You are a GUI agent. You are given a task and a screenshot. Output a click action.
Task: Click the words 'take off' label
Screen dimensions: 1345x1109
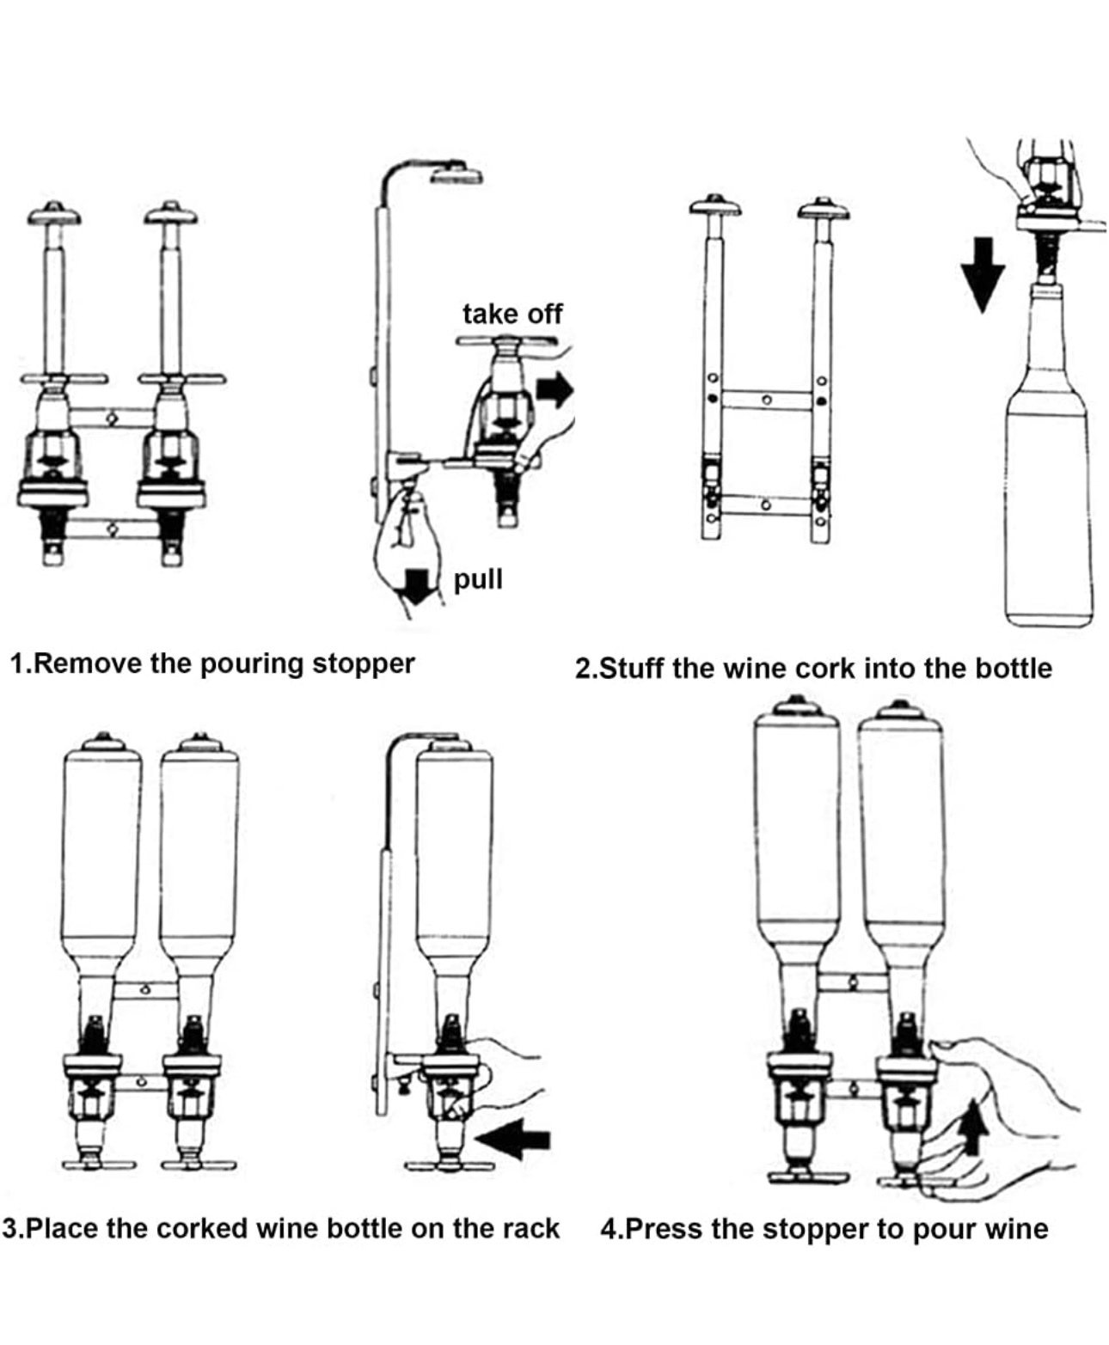point(512,315)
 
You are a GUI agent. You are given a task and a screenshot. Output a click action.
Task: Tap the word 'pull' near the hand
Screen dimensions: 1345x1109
point(478,579)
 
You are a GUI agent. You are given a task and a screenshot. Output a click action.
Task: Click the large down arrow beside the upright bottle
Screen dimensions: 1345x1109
point(983,274)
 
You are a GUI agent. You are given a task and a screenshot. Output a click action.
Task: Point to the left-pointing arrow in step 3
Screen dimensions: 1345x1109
point(512,1139)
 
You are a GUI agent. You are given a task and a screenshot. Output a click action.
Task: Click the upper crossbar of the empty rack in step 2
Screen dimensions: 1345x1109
point(767,399)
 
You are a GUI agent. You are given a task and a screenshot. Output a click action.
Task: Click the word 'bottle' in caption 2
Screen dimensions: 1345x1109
point(1014,669)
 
